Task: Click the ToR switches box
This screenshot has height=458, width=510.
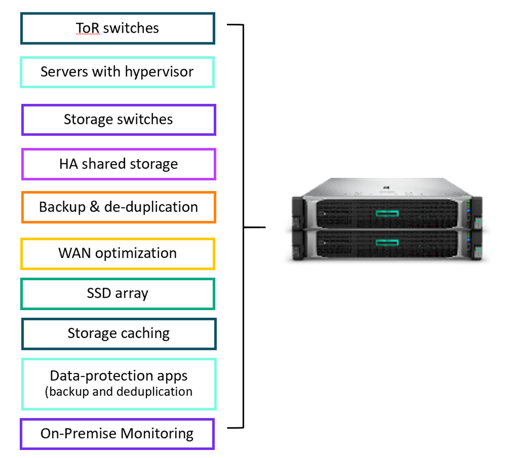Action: click(118, 28)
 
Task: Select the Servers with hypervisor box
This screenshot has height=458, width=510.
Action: click(117, 72)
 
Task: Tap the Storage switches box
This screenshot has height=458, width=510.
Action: click(119, 120)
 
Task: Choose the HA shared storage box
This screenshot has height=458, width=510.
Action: click(119, 164)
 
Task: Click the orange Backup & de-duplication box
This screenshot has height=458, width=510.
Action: click(119, 207)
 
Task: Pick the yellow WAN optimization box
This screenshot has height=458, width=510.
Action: click(118, 254)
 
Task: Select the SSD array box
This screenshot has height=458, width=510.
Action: click(118, 294)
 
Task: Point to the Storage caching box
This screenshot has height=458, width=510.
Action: click(119, 334)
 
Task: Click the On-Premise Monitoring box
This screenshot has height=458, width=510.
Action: click(117, 433)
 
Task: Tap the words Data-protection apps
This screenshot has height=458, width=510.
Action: click(119, 375)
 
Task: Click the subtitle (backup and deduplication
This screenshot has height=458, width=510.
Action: click(119, 392)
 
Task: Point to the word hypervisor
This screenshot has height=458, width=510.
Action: click(159, 72)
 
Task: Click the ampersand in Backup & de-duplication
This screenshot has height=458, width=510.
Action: click(94, 207)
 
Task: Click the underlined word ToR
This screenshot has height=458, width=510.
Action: click(87, 28)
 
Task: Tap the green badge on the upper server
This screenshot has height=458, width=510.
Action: click(387, 213)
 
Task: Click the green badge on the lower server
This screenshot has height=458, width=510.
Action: click(387, 243)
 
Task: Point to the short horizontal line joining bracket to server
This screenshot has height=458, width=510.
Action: click(255, 227)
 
